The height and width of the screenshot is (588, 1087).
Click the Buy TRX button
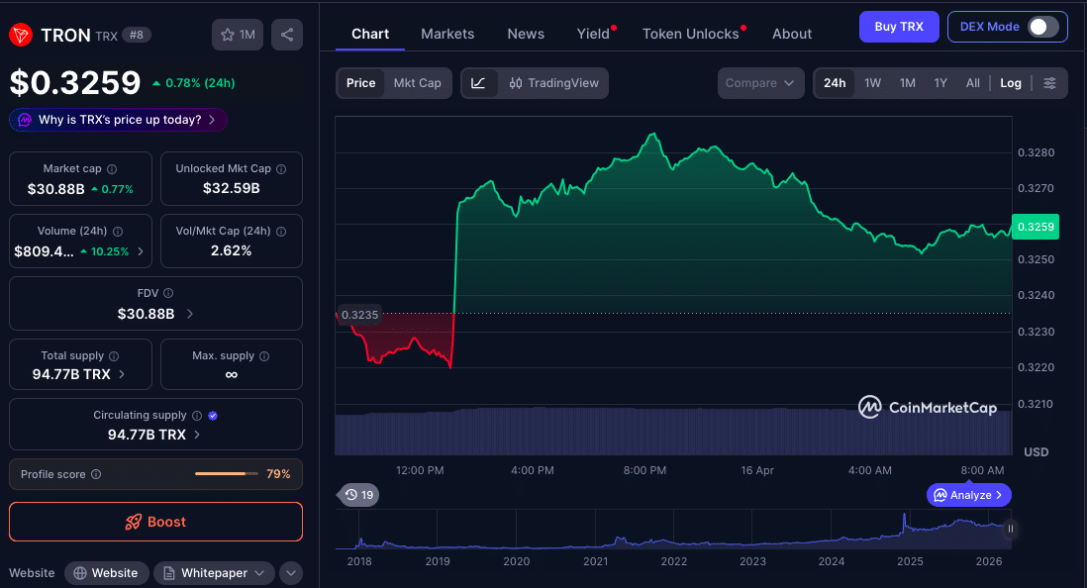pyautogui.click(x=898, y=27)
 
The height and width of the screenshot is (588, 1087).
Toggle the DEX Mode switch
pyautogui.click(x=1042, y=27)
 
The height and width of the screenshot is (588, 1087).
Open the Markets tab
pyautogui.click(x=447, y=34)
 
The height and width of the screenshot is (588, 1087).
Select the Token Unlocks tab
pyautogui.click(x=691, y=34)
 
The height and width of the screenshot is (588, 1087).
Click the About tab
pyautogui.click(x=792, y=34)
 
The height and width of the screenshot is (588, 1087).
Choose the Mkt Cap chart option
pyautogui.click(x=417, y=83)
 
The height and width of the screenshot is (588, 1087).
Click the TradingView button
pyautogui.click(x=554, y=83)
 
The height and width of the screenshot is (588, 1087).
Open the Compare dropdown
pyautogui.click(x=759, y=83)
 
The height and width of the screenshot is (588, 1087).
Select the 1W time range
pyautogui.click(x=872, y=83)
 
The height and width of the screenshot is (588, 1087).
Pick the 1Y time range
pyautogui.click(x=940, y=83)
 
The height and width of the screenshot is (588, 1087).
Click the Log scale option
pyautogui.click(x=1010, y=83)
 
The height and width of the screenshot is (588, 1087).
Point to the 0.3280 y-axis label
pyautogui.click(x=1036, y=152)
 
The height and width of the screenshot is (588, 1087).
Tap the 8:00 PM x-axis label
pyautogui.click(x=644, y=470)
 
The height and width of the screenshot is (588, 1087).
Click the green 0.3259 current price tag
pyautogui.click(x=1035, y=227)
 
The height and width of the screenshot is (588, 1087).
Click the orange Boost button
pyautogui.click(x=155, y=522)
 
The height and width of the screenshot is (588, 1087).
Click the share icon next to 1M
pyautogui.click(x=286, y=35)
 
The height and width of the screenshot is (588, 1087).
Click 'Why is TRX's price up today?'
pyautogui.click(x=119, y=120)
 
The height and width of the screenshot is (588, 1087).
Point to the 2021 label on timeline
pyautogui.click(x=595, y=561)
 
